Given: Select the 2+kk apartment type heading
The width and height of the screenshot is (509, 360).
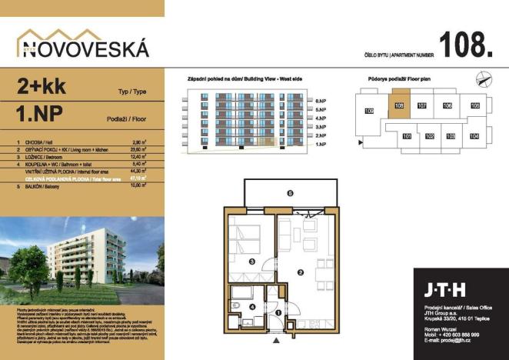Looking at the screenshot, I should click(38, 87).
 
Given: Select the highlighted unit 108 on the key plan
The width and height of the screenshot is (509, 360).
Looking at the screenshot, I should click(398, 106).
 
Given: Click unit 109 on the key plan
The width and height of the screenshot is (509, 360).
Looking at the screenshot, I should click(368, 113).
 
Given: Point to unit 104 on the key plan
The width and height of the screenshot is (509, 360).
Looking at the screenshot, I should click(474, 136).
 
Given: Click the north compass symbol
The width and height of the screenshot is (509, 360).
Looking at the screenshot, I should click(483, 77).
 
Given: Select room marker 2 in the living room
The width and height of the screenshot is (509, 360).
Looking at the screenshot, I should click(301, 272).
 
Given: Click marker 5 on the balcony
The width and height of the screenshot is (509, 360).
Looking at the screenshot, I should click(290, 194).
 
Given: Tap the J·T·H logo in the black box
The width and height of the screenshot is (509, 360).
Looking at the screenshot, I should click(444, 290).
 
